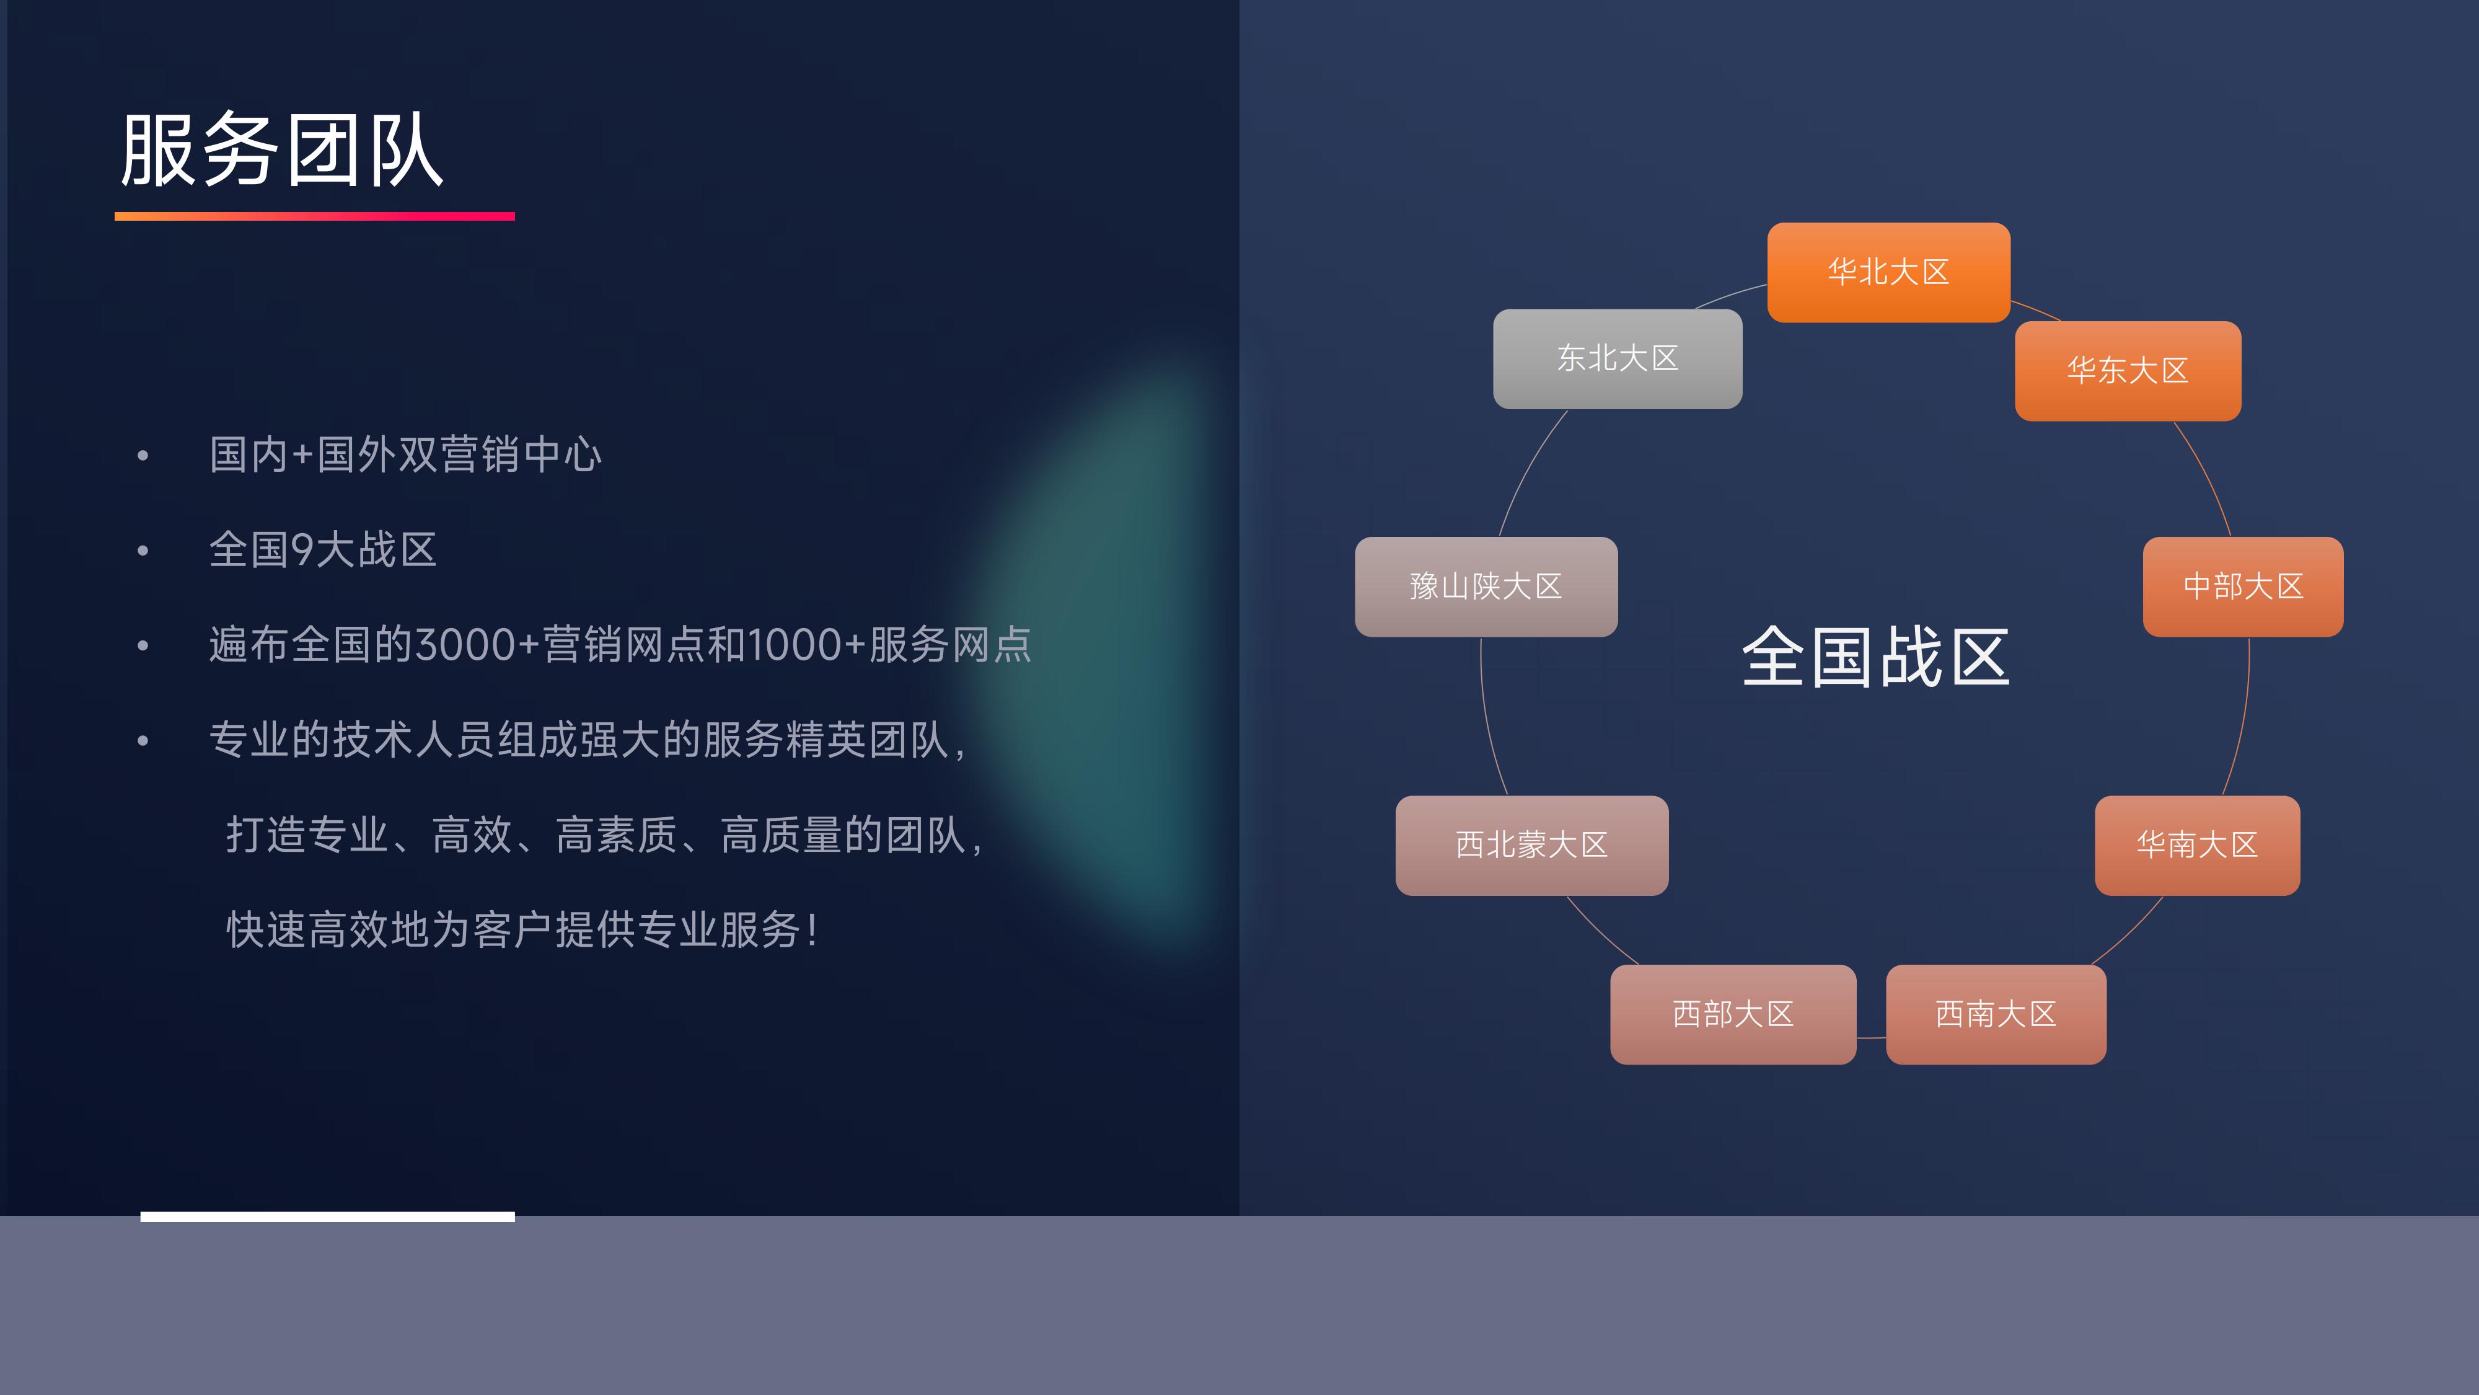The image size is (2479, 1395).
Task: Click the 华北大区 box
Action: click(1888, 272)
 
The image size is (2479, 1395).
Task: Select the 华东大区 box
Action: click(2128, 371)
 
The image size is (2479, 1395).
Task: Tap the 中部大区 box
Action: click(2243, 587)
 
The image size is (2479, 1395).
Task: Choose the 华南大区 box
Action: click(2197, 845)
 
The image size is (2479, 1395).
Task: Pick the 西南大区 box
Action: click(1996, 1014)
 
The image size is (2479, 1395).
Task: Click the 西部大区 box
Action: click(1733, 1014)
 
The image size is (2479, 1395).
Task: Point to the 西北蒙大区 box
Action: click(1532, 845)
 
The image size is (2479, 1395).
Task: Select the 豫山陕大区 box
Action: click(1486, 587)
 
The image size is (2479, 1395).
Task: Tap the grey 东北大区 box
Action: click(1618, 359)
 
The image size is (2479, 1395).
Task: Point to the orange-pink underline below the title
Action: click(315, 216)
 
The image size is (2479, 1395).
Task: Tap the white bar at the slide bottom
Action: click(327, 1217)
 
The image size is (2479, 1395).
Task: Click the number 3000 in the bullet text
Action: click(467, 645)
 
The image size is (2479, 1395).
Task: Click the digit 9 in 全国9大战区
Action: click(302, 550)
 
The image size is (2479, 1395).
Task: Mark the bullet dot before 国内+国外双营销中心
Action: click(143, 455)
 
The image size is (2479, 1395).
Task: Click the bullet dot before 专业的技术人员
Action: click(143, 740)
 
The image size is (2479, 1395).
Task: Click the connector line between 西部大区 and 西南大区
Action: click(1871, 1038)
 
